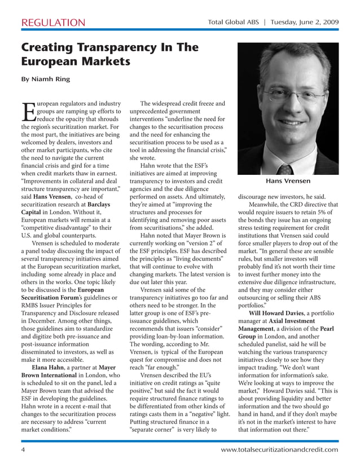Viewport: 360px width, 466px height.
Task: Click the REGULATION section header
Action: [52, 23]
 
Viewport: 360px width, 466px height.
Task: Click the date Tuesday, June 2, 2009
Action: [305, 23]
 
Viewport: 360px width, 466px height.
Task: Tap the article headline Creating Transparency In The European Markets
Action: [109, 54]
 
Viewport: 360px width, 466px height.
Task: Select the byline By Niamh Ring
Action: [46, 79]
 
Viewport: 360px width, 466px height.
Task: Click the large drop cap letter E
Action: [28, 112]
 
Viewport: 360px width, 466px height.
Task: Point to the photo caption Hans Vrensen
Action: [288, 181]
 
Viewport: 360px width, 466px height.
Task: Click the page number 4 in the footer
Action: [23, 450]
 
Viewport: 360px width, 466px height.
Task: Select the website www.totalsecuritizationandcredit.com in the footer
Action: [279, 450]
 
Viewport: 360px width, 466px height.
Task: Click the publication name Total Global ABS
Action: [233, 23]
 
